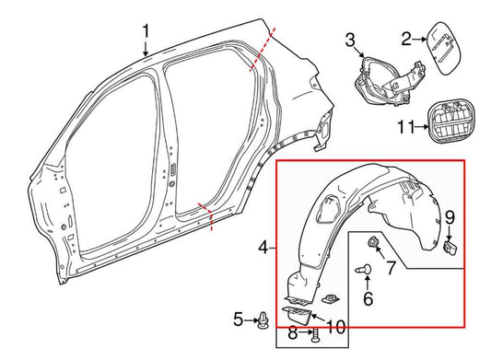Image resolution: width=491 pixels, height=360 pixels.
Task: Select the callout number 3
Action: click(x=350, y=40)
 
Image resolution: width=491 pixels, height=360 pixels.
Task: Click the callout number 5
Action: click(x=238, y=319)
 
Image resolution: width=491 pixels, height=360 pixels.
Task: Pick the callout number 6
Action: click(x=368, y=299)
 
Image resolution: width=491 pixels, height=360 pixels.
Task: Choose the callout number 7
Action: click(x=390, y=269)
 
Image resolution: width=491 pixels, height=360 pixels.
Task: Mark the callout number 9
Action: click(x=450, y=217)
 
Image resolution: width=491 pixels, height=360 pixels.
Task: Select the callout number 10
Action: click(x=335, y=326)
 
